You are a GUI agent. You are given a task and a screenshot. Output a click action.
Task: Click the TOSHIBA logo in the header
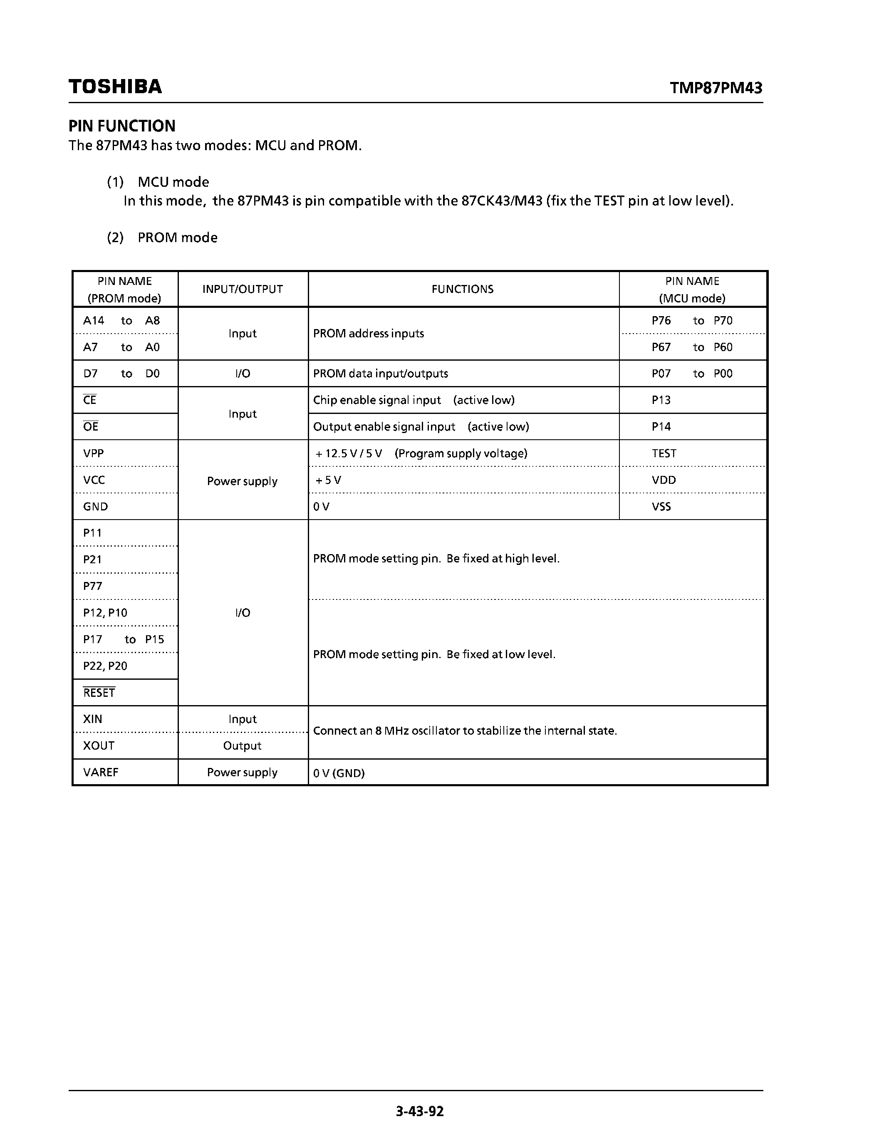click(x=115, y=87)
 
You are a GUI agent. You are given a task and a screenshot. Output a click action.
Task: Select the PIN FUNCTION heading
click(x=122, y=126)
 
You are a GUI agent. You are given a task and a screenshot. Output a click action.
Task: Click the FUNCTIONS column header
click(x=463, y=289)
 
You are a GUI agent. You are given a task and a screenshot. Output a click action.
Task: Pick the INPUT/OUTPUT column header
click(x=243, y=289)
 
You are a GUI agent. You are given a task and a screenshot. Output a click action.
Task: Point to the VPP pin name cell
click(x=94, y=453)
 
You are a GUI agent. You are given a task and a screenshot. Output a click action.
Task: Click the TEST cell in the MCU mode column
click(x=664, y=453)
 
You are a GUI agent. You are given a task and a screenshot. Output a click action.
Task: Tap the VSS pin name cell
click(x=661, y=507)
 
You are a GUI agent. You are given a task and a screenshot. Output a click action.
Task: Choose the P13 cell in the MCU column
click(x=661, y=400)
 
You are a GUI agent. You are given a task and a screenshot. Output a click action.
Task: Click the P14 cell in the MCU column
click(x=661, y=426)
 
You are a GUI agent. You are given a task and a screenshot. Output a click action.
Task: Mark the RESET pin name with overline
click(x=99, y=693)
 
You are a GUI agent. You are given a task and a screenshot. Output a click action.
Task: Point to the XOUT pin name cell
click(x=99, y=745)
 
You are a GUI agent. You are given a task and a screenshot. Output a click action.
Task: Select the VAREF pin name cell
click(x=101, y=772)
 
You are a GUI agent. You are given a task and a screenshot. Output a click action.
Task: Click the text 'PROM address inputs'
click(x=368, y=334)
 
